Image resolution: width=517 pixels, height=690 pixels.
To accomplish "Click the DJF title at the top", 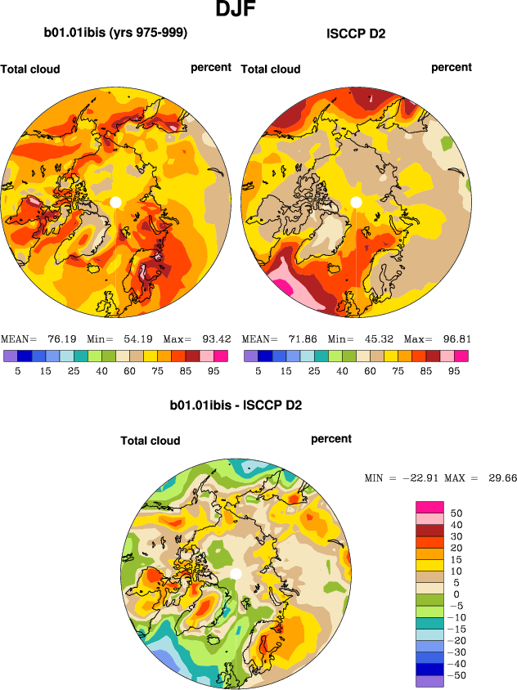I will [x=241, y=11].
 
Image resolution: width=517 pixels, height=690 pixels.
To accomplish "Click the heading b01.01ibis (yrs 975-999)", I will [x=115, y=34].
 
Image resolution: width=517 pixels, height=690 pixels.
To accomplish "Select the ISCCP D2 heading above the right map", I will [x=356, y=34].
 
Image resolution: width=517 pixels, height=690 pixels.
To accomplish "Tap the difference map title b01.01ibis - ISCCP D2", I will [x=236, y=405].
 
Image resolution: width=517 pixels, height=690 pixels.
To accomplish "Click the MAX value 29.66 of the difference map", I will [x=499, y=478].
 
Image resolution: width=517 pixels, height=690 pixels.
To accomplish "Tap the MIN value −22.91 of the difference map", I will [x=420, y=478].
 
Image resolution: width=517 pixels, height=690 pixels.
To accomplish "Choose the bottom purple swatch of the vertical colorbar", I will [x=430, y=681].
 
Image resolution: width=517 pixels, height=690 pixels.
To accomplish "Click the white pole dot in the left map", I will [x=115, y=202].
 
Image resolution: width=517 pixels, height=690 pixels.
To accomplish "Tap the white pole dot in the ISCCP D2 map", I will [x=356, y=202].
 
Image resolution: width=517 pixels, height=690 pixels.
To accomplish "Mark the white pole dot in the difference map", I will [x=236, y=574].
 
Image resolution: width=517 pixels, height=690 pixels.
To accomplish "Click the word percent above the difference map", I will [x=331, y=439].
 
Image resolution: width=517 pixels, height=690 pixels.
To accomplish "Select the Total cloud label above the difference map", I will [x=151, y=441].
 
